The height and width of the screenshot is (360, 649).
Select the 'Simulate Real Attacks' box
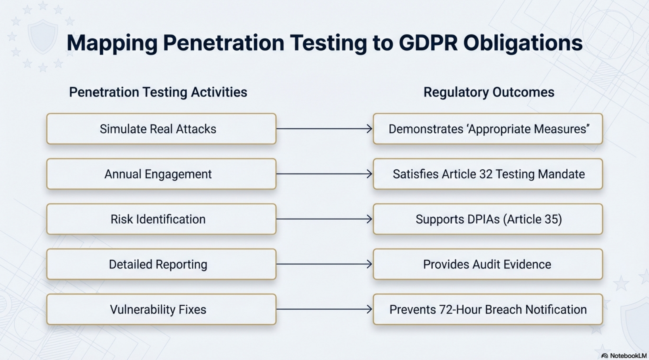(161, 129)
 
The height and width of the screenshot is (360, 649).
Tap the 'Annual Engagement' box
(161, 174)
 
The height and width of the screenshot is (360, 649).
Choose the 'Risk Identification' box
(161, 219)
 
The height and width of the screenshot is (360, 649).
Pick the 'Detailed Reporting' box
(161, 264)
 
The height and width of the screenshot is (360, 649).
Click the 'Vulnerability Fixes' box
(161, 310)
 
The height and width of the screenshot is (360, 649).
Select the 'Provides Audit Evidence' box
(487, 264)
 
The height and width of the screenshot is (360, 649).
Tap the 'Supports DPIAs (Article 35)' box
(488, 219)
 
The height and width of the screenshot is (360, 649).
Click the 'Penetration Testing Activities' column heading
(158, 92)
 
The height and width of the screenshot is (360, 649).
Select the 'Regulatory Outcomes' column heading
(488, 92)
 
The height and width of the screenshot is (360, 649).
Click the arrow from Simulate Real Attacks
(324, 128)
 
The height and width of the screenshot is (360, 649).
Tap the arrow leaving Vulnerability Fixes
(324, 309)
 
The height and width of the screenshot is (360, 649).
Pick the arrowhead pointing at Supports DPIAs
(369, 219)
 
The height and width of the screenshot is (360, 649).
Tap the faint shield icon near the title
(42, 36)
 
